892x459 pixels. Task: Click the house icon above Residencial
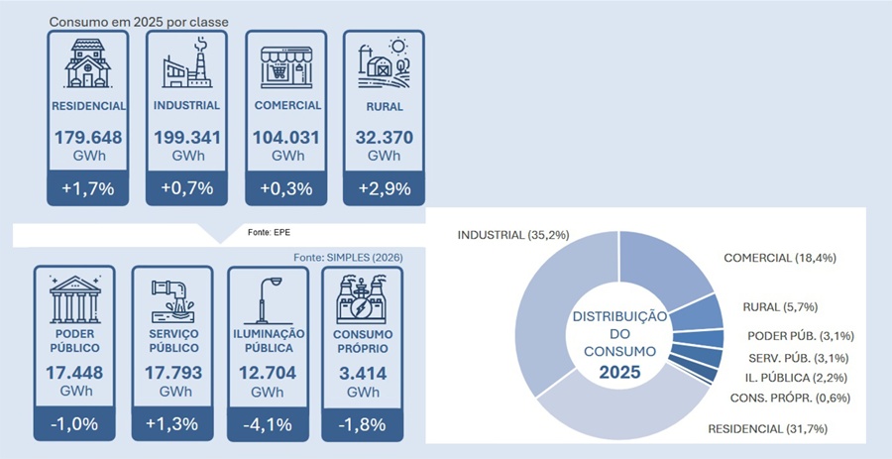(x=87, y=63)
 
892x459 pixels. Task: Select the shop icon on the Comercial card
(x=286, y=67)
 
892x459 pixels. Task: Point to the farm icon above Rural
(x=384, y=63)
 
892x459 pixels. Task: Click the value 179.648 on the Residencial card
(x=88, y=138)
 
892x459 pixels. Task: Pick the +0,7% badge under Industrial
(x=186, y=187)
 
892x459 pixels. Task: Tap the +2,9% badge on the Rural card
(x=384, y=187)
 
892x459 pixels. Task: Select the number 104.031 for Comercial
(x=286, y=138)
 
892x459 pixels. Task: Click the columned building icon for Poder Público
(x=74, y=299)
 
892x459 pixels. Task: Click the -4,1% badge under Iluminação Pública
(x=268, y=423)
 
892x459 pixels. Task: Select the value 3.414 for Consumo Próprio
(x=363, y=373)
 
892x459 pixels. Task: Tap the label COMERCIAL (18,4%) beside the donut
(x=780, y=258)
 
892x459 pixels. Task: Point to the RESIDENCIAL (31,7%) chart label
(x=767, y=429)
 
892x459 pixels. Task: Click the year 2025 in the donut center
(x=618, y=373)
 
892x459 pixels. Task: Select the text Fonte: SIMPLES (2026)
(x=348, y=258)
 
